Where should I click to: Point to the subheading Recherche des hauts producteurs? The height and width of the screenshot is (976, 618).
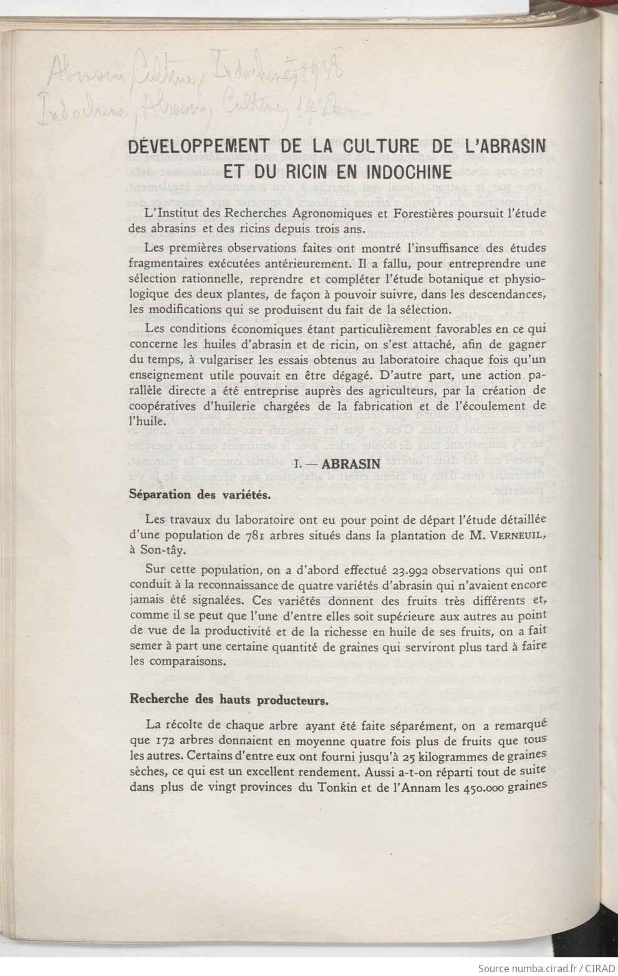pyautogui.click(x=228, y=699)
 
